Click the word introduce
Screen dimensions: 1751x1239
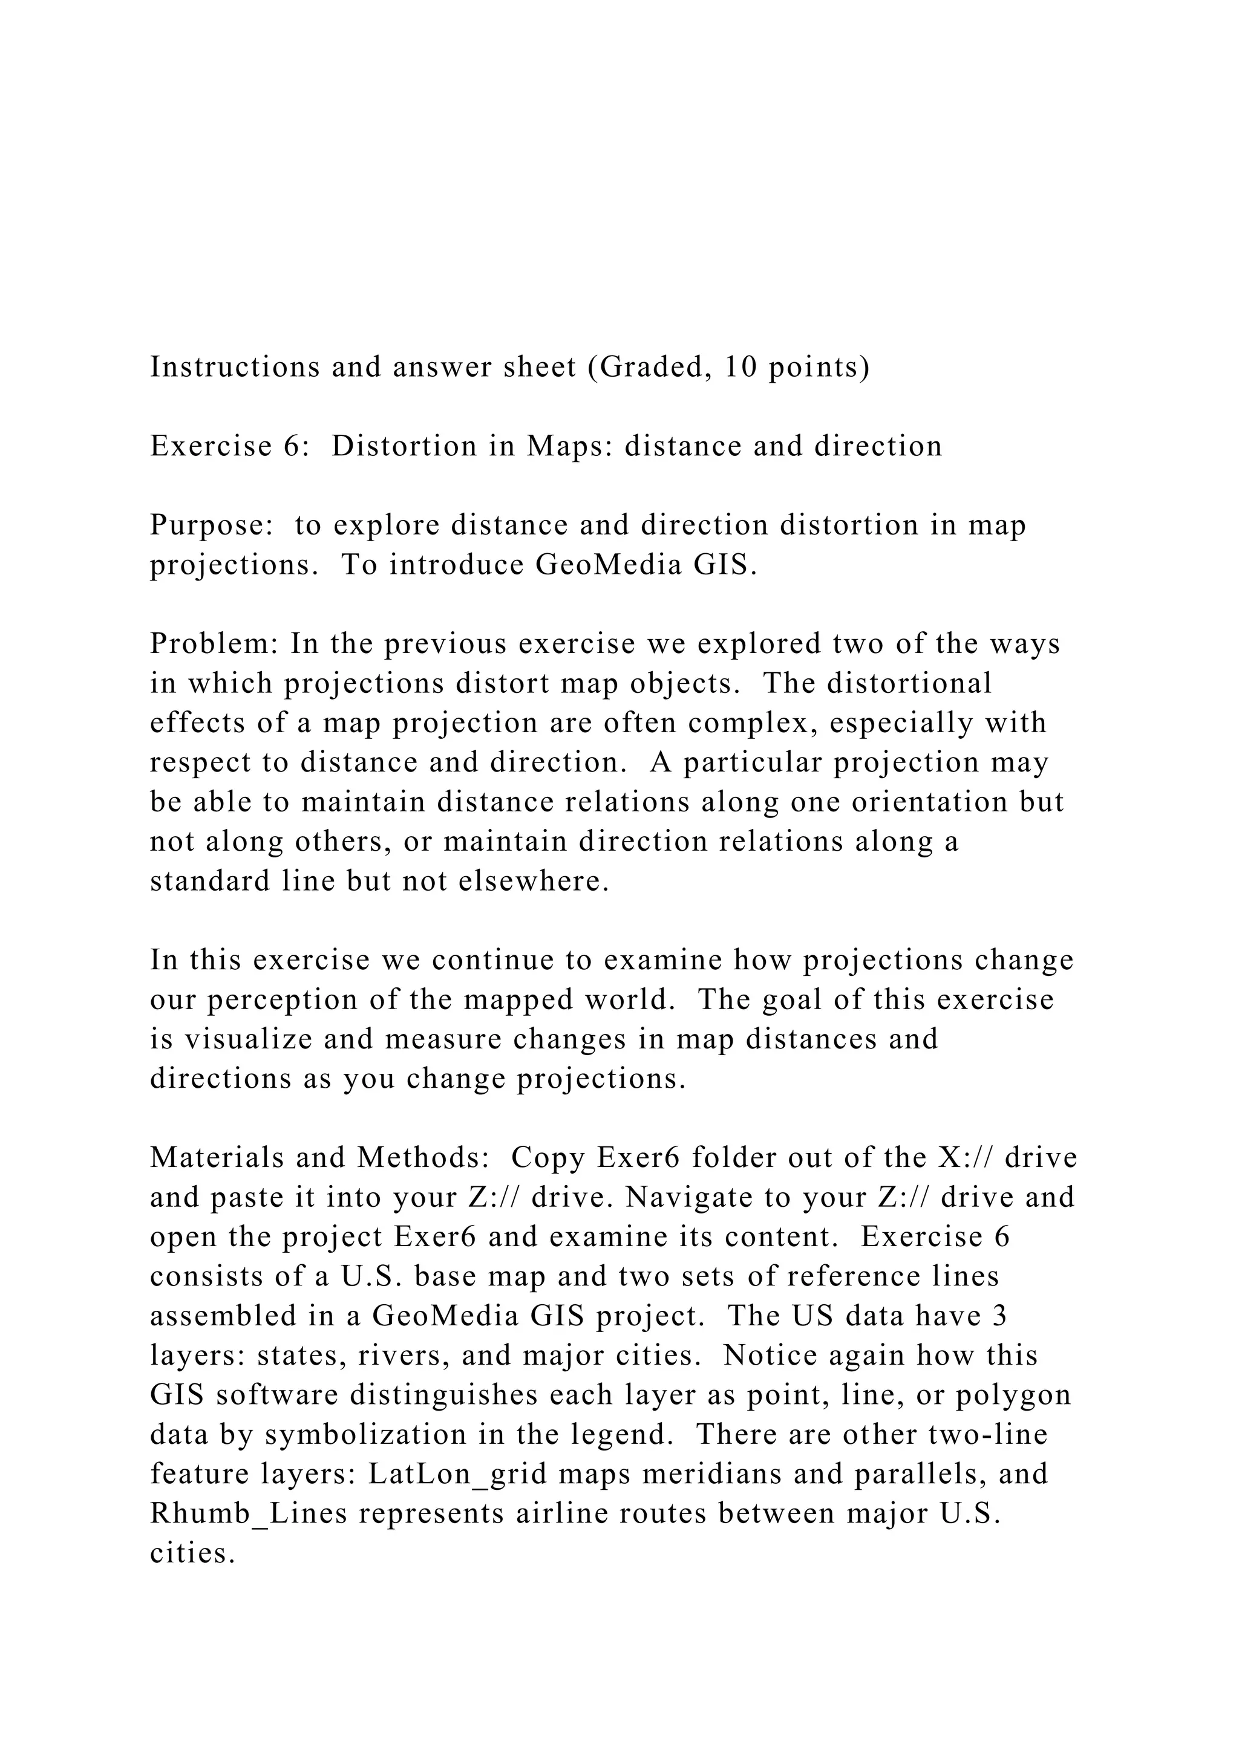(x=455, y=565)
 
